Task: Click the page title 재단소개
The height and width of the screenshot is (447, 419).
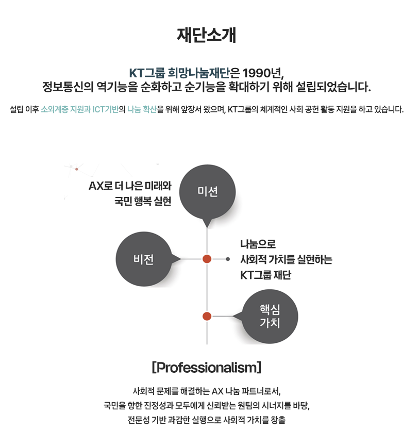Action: click(x=207, y=35)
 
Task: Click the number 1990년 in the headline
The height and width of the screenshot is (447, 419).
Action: click(x=263, y=73)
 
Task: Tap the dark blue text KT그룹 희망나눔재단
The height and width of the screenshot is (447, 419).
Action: click(x=179, y=73)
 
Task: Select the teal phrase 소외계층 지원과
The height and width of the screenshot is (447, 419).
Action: click(x=65, y=109)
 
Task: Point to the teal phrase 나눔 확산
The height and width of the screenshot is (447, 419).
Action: click(x=142, y=109)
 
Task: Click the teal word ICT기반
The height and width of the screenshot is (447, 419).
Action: click(x=106, y=109)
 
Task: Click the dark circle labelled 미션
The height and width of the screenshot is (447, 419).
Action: click(x=208, y=192)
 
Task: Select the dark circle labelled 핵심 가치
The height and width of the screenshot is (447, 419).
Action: click(x=270, y=317)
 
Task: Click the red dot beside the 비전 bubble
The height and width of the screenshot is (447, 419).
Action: click(x=207, y=259)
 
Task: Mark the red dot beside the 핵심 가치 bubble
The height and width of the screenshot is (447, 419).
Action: click(x=207, y=316)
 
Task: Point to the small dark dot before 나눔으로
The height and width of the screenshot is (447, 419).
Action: click(x=228, y=259)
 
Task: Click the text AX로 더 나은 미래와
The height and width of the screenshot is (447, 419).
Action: click(x=130, y=186)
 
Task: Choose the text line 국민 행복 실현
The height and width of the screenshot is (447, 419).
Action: click(x=143, y=201)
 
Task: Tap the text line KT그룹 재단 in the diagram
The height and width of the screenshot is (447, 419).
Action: click(x=265, y=275)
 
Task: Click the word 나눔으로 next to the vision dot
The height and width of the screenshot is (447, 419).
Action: click(x=258, y=244)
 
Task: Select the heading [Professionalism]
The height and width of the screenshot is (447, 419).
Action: click(x=207, y=367)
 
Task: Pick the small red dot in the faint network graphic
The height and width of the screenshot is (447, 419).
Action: click(x=77, y=169)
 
